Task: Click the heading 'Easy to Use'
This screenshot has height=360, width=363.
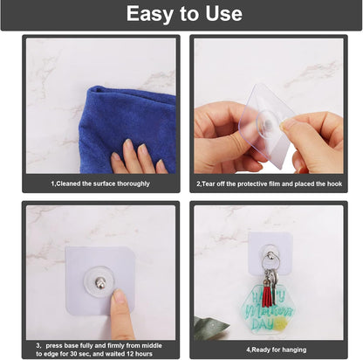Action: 183,14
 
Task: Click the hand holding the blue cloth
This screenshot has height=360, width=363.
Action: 136,159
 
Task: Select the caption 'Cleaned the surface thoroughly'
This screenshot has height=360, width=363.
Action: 100,183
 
